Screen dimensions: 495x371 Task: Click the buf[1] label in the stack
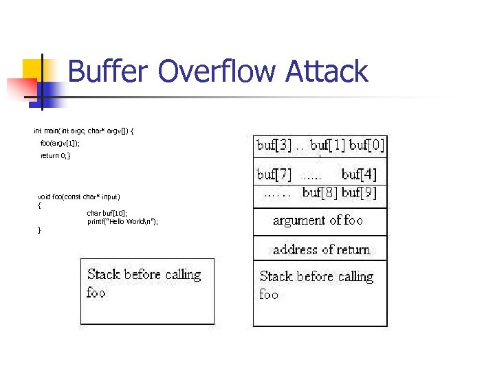coord(328,145)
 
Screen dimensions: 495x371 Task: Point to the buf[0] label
coord(367,145)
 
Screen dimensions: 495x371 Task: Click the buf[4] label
coord(359,175)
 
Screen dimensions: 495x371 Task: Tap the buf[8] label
coord(320,192)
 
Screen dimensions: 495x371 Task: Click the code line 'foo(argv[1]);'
coord(60,143)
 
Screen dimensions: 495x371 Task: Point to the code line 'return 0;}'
coord(55,156)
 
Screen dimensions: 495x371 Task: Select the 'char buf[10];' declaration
coord(107,213)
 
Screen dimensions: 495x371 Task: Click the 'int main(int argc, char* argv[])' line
coord(84,130)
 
